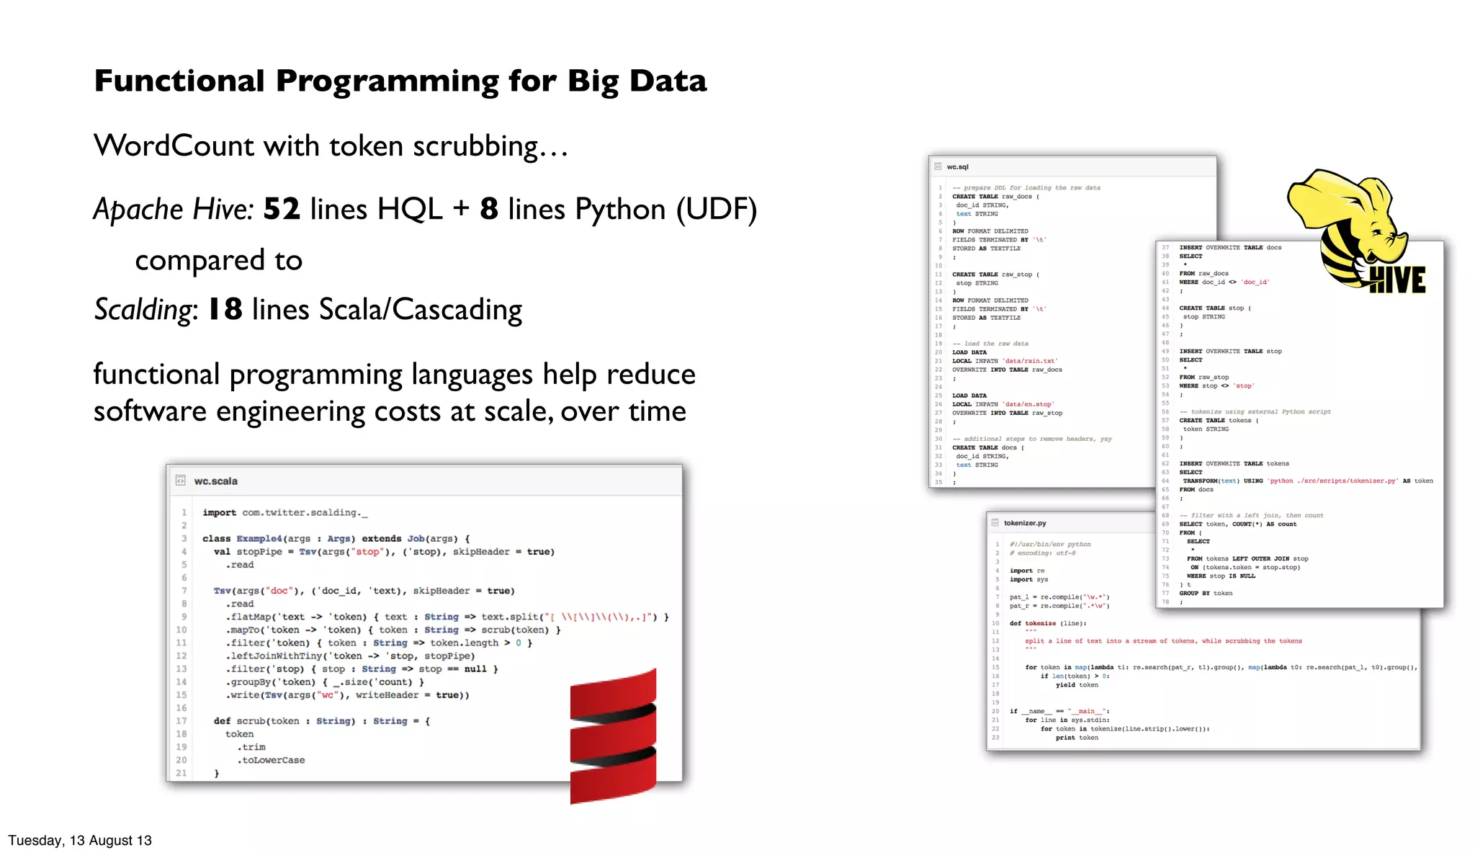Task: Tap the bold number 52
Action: click(x=282, y=210)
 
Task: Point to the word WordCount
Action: click(x=174, y=146)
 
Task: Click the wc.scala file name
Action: click(x=215, y=481)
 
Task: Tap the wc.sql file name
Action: click(x=957, y=167)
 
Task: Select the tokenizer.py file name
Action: click(x=1024, y=523)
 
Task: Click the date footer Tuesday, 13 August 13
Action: click(x=80, y=840)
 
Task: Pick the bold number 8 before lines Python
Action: click(x=489, y=210)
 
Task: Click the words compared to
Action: click(x=219, y=260)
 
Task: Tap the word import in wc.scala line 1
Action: click(x=219, y=513)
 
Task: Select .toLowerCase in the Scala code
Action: click(x=271, y=760)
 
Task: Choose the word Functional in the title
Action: click(x=179, y=81)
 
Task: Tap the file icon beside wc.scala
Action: click(x=181, y=481)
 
